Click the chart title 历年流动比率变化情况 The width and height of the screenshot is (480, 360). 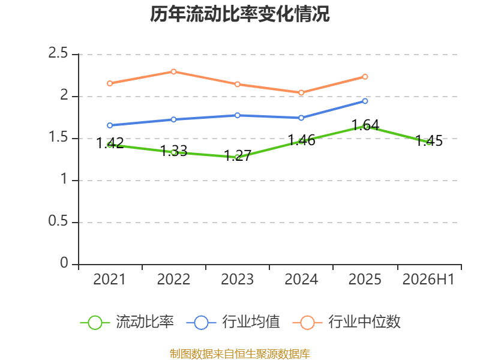239,14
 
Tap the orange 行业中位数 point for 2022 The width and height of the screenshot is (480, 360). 173,71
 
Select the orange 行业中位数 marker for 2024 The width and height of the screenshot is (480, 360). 301,93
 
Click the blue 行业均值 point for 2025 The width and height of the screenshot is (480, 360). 365,101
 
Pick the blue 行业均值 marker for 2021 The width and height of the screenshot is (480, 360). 110,125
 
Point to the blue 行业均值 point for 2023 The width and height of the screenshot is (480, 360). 238,115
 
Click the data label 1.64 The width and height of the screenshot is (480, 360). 365,125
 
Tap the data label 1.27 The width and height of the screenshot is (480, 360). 238,155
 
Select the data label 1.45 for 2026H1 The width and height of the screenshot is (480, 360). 429,141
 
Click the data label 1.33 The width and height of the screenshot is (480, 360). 173,151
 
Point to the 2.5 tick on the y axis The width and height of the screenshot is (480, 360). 58,53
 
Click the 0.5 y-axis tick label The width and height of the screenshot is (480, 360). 58,221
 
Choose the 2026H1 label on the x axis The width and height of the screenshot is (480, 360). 428,279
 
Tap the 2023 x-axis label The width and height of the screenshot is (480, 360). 238,279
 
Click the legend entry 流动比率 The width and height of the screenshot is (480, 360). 127,322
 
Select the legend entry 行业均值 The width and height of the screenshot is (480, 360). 233,322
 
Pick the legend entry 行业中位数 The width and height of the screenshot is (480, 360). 347,322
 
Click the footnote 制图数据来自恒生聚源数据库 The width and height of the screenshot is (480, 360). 240,354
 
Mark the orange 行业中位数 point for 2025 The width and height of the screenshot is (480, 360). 365,77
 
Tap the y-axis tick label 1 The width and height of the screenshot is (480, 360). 64,179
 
